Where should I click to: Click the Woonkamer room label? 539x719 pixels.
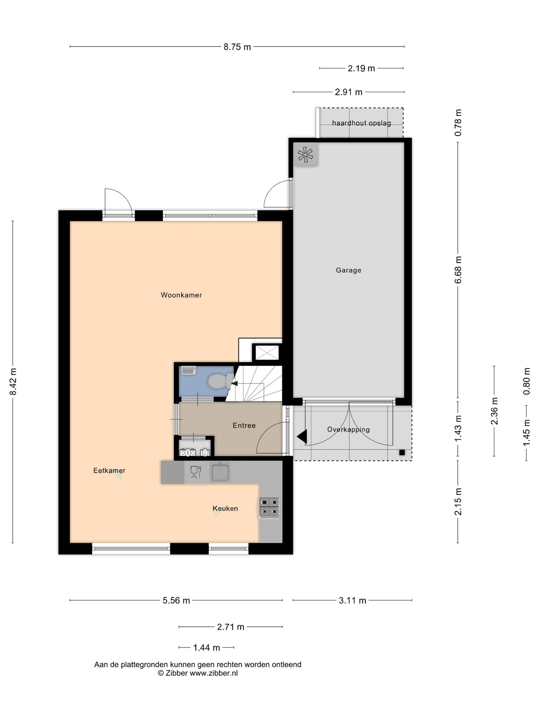click(181, 295)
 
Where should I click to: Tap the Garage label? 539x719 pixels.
click(348, 270)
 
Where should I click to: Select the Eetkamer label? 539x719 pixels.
click(109, 471)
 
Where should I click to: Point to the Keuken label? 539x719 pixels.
click(225, 508)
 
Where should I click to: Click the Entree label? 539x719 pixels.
click(244, 425)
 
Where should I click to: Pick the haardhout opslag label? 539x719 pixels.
click(361, 123)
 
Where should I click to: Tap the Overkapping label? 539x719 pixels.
click(348, 430)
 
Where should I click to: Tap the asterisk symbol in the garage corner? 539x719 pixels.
click(306, 154)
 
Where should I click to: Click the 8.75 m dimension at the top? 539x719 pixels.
click(237, 47)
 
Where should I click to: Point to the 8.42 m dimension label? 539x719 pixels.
click(13, 381)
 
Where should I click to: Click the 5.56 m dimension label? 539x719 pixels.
click(176, 601)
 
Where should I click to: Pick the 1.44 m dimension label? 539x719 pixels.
click(206, 647)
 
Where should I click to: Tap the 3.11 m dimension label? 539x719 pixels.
click(352, 601)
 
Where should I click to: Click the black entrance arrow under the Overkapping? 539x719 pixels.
click(302, 436)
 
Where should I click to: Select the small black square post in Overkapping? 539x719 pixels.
click(402, 452)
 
